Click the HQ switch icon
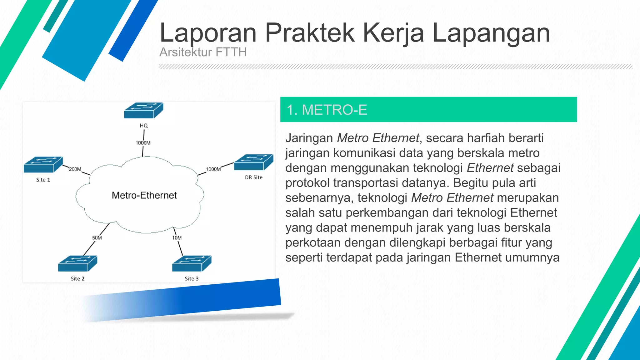click(143, 110)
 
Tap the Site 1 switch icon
click(43, 165)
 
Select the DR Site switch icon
click(253, 162)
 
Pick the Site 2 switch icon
click(77, 263)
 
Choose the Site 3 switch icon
click(192, 263)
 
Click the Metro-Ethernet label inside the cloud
click(144, 195)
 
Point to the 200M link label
click(75, 169)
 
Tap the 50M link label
click(97, 238)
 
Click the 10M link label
click(177, 238)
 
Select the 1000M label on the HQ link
click(143, 143)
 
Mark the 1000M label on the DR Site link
click(213, 169)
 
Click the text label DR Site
click(253, 177)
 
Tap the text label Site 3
click(192, 278)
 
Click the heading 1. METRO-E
click(327, 110)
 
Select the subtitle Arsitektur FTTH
click(203, 52)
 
